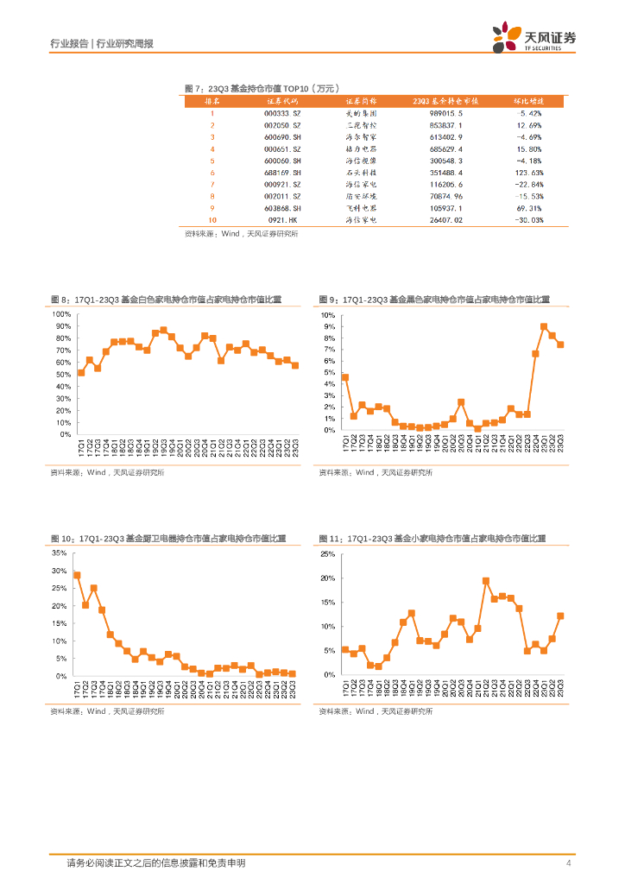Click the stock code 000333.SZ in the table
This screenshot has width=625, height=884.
coord(283,113)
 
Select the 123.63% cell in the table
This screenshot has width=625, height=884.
coord(529,173)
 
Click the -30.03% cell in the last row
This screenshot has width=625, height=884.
coord(529,220)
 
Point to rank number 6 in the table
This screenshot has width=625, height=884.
coord(211,173)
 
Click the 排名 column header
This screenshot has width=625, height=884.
coord(211,101)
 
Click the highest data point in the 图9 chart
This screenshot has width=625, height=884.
coord(544,327)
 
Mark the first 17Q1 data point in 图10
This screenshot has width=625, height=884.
coord(78,575)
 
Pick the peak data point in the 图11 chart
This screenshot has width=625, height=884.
coord(486,581)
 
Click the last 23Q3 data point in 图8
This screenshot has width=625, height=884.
coord(295,365)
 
